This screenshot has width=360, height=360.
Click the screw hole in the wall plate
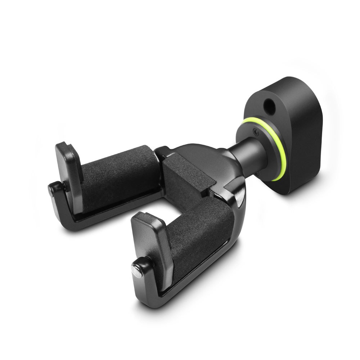point(268,105)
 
